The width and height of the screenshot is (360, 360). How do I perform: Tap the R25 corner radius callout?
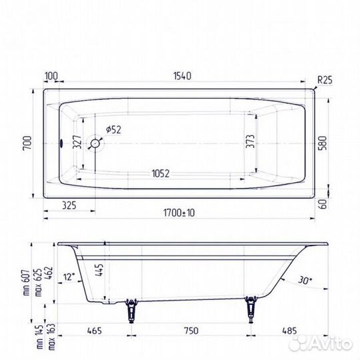point(325,79)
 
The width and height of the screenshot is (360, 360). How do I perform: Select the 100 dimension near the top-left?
point(51,77)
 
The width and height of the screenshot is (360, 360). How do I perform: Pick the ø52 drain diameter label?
point(114,129)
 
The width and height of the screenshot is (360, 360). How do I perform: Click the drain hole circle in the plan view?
point(95,143)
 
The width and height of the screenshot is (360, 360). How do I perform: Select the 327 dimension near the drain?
point(77,142)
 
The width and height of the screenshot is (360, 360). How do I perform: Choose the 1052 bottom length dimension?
point(159,173)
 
